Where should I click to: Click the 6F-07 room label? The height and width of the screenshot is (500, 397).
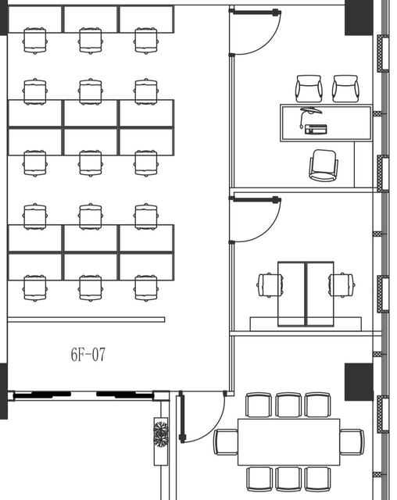click(x=88, y=354)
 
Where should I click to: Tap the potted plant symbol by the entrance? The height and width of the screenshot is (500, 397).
click(x=160, y=434)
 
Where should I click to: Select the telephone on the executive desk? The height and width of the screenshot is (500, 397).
click(x=316, y=129)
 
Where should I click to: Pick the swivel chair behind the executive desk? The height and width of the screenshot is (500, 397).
click(x=324, y=165)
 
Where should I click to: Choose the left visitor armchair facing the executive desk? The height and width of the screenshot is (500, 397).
click(x=309, y=88)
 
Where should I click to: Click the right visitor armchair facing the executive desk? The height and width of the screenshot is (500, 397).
click(x=345, y=88)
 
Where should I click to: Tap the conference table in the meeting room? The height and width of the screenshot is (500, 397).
click(x=288, y=442)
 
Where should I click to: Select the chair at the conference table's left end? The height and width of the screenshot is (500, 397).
click(x=226, y=442)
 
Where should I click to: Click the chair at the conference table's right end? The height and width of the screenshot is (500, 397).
click(x=352, y=442)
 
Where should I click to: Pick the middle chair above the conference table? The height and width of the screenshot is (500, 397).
click(x=288, y=405)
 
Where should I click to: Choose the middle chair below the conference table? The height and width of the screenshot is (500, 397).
click(x=288, y=479)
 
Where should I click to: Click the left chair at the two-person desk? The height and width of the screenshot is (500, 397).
click(x=270, y=284)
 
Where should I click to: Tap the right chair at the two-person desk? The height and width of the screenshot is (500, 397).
click(x=342, y=284)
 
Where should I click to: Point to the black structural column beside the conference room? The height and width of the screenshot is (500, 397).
click(x=359, y=382)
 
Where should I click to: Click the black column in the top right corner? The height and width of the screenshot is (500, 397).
click(x=359, y=17)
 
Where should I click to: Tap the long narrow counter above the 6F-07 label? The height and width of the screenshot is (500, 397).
click(x=86, y=320)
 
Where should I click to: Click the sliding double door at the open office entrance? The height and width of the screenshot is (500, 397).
click(x=84, y=395)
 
